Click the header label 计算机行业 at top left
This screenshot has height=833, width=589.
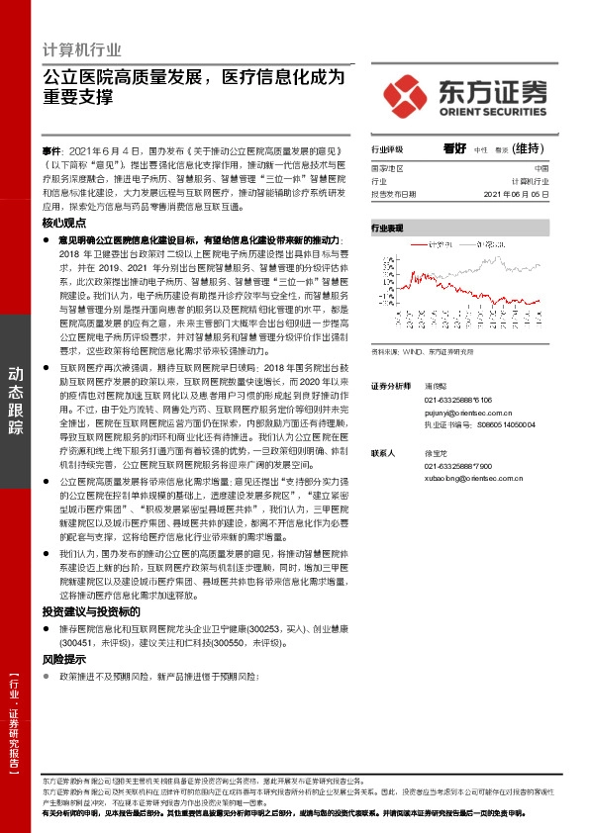[x=83, y=49]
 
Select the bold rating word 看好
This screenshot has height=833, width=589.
[x=454, y=148]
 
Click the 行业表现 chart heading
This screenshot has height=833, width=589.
[x=387, y=228]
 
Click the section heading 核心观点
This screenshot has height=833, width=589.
[x=65, y=225]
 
